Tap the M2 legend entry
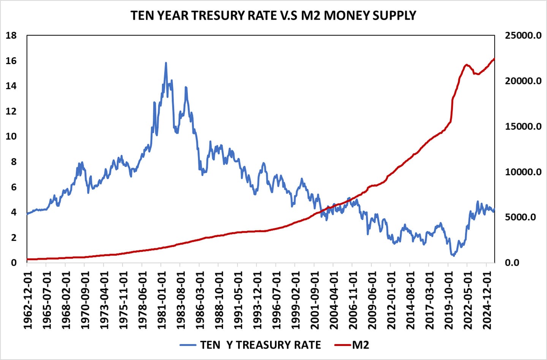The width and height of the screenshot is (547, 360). click(360, 345)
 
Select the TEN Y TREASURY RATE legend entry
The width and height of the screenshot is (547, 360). click(260, 345)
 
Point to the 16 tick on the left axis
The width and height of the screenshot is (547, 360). click(11, 61)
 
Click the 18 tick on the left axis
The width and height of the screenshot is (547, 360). click(11, 35)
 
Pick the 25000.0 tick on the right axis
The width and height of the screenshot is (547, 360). click(523, 35)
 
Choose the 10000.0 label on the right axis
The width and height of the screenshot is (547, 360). click(523, 172)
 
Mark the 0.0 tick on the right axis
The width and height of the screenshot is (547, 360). click(512, 262)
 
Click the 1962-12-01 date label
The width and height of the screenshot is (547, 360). click(27, 300)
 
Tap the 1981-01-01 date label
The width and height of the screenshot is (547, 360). click(161, 300)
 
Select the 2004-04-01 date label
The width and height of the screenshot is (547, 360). click(334, 300)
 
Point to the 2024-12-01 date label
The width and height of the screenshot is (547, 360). click(487, 300)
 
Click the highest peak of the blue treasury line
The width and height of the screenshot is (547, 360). click(166, 63)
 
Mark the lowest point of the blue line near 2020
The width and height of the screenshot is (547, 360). click(453, 256)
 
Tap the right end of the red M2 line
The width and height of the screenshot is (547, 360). click(494, 59)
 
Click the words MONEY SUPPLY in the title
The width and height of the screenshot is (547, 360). click(370, 16)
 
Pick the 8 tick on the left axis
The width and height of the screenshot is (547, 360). click(14, 162)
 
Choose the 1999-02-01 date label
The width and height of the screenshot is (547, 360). click(295, 300)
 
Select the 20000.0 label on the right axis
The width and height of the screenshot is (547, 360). click(523, 81)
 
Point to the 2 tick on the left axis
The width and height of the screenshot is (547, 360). click(14, 237)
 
